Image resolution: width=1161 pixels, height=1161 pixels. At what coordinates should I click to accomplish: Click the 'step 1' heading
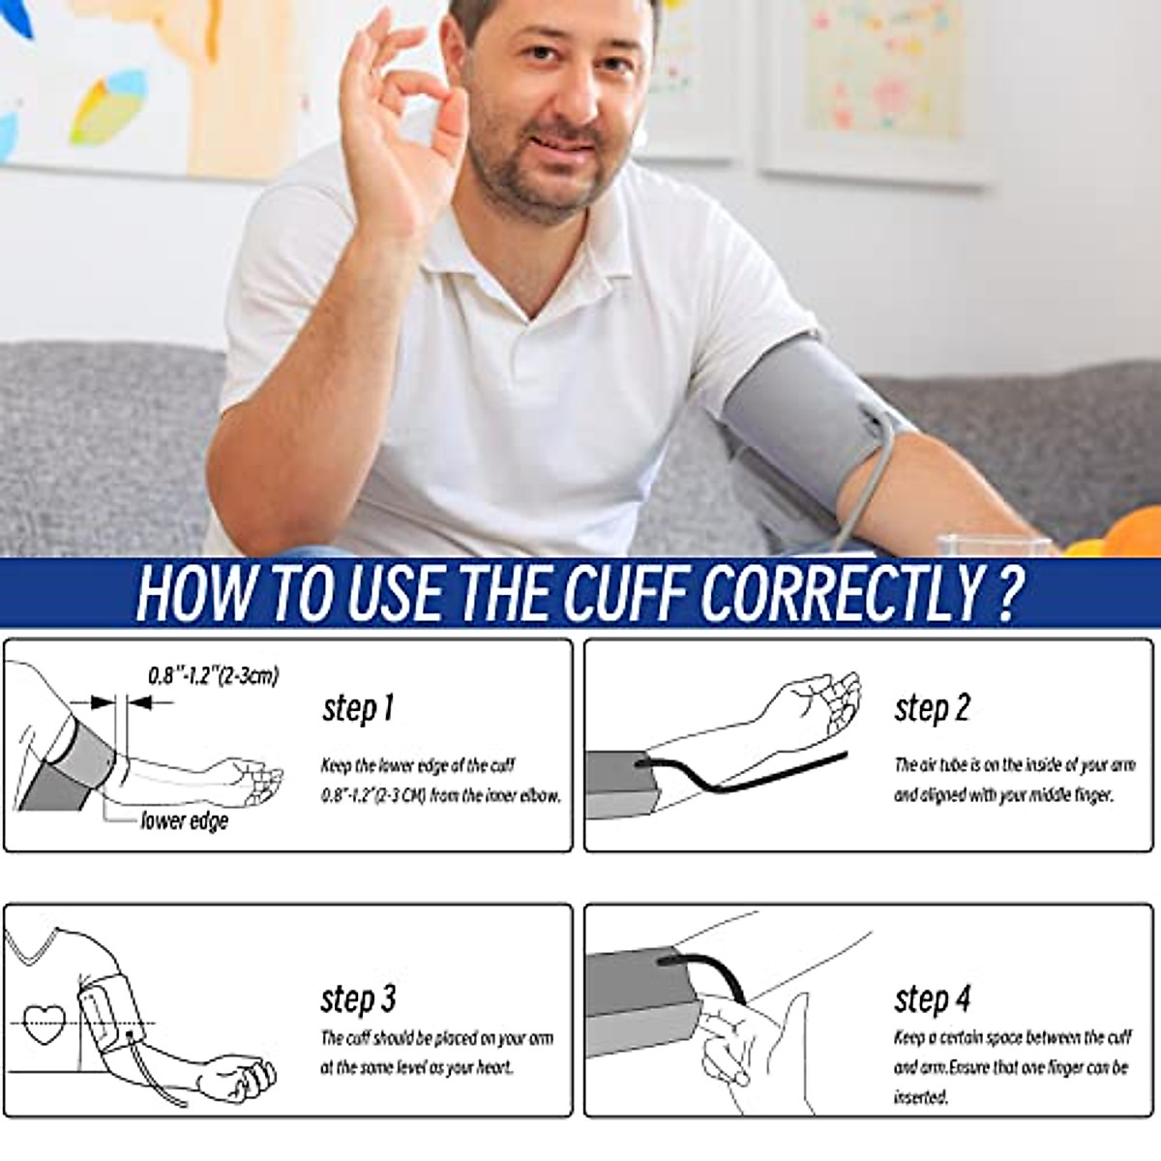click(358, 708)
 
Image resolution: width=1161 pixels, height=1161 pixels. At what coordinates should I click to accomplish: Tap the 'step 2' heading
click(932, 708)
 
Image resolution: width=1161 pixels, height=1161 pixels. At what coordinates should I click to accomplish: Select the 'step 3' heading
click(358, 998)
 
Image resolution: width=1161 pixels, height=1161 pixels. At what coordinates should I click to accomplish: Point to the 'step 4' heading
click(932, 998)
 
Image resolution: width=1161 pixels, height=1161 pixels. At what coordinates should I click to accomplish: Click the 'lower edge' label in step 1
click(184, 821)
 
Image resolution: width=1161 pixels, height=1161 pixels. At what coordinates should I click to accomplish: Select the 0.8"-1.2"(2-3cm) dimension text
click(213, 675)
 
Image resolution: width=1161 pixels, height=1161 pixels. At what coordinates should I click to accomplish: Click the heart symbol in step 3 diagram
click(45, 1024)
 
